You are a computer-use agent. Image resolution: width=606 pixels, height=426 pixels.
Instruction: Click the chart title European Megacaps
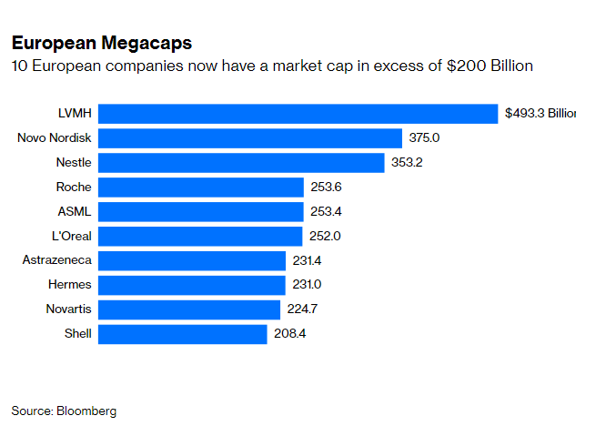point(101,44)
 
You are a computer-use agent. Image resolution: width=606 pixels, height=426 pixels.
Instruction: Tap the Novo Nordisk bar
point(250,138)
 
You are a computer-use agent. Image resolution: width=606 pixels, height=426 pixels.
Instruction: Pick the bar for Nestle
point(241,163)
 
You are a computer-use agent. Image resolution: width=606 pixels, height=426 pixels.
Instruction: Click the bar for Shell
point(183,334)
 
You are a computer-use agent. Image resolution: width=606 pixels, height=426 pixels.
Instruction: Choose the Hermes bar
point(192,285)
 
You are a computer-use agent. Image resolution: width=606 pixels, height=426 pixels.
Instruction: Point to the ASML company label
point(74,211)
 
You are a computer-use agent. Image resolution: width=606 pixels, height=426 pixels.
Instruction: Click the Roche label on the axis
point(73,188)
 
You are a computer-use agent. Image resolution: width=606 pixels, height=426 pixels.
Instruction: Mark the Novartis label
point(68,309)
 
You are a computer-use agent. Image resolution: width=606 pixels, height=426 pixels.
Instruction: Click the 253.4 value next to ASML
point(326,211)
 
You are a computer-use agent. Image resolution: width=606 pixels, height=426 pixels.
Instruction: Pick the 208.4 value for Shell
point(290,334)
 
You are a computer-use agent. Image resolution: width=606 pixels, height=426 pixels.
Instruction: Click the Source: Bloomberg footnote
point(64,411)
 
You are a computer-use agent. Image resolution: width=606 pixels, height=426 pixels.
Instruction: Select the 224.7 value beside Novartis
point(301,309)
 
